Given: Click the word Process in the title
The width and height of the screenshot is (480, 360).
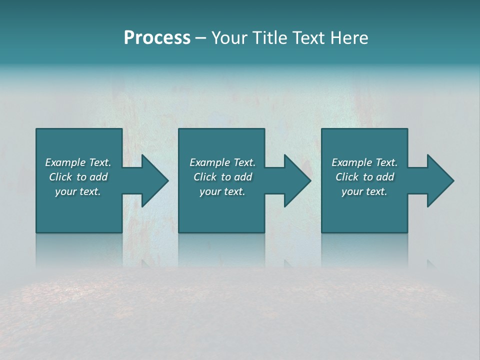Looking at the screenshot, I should tap(157, 38).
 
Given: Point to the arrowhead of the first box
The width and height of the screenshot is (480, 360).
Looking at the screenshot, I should tap(155, 181).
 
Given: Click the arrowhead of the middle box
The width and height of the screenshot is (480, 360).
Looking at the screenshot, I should tap(298, 181).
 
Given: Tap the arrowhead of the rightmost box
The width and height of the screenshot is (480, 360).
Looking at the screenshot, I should tap(440, 181).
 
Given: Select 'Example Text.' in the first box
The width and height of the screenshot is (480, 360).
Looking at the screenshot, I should tap(78, 162).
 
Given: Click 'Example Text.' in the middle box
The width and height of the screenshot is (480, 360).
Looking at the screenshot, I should tap(222, 162).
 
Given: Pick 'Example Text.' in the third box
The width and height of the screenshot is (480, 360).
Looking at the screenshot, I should tap(364, 162).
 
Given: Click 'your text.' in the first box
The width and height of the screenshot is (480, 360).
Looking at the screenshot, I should tap(78, 191).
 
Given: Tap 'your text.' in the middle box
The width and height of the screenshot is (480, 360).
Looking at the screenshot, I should tap(222, 191).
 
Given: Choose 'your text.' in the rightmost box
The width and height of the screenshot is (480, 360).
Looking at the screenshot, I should tap(364, 191).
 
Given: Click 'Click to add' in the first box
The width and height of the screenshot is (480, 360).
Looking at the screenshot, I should tap(78, 177).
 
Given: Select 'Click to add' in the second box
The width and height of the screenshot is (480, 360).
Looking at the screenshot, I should tap(222, 177).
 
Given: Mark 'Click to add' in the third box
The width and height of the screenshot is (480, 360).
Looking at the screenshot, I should tap(364, 177).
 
